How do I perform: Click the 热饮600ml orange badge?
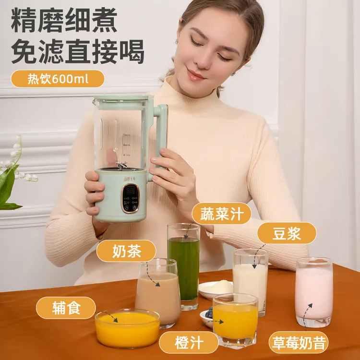click(58, 79)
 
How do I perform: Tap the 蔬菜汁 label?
click(221, 213)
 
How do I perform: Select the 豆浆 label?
click(287, 233)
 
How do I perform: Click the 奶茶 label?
click(126, 251)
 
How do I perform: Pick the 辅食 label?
click(66, 308)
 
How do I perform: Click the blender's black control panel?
click(130, 197)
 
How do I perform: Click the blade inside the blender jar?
click(122, 165)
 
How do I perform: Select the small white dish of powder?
click(216, 289)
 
